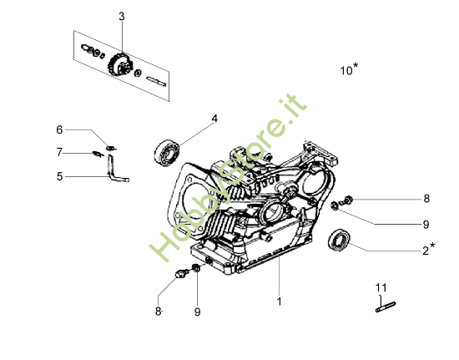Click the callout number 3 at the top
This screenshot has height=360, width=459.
click(121, 17)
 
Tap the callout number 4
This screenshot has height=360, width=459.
click(214, 119)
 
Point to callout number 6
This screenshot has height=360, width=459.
click(59, 129)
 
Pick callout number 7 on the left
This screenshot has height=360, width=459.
click(59, 152)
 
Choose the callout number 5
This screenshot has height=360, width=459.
click(59, 176)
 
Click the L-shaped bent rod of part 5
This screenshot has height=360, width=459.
click(116, 172)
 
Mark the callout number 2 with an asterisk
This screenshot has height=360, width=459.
click(427, 250)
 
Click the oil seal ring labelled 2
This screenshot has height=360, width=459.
click(340, 239)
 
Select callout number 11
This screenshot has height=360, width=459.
click(381, 288)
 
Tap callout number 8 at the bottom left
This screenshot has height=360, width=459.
click(157, 311)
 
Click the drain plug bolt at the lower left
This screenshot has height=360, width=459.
click(180, 273)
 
